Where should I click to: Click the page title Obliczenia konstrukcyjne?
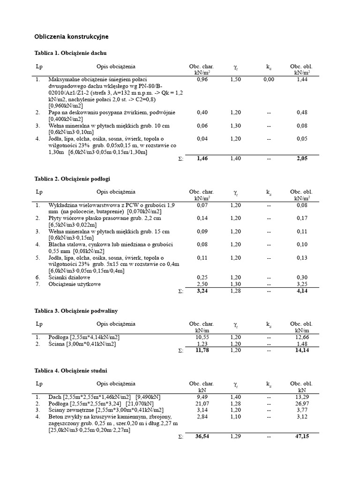click(x=72, y=36)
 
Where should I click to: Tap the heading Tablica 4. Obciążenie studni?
click(x=71, y=370)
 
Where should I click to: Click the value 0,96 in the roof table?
click(x=202, y=80)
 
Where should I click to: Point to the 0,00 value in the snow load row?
click(x=269, y=80)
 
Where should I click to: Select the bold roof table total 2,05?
click(x=302, y=159)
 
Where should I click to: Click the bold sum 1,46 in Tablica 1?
click(x=202, y=159)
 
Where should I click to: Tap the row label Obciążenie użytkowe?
click(x=74, y=284)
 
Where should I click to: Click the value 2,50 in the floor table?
click(x=202, y=284)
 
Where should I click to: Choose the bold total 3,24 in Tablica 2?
click(x=202, y=291)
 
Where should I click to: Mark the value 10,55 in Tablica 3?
click(x=202, y=337)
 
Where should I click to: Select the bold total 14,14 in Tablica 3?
click(x=302, y=350)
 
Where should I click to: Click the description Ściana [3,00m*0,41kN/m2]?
click(x=82, y=344)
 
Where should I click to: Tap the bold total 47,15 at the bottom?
click(x=302, y=436)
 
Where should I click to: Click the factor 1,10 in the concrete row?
click(x=235, y=416)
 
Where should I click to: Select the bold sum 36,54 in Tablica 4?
click(x=202, y=436)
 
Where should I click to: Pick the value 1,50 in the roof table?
click(x=235, y=80)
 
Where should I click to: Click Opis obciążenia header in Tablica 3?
click(x=116, y=324)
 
